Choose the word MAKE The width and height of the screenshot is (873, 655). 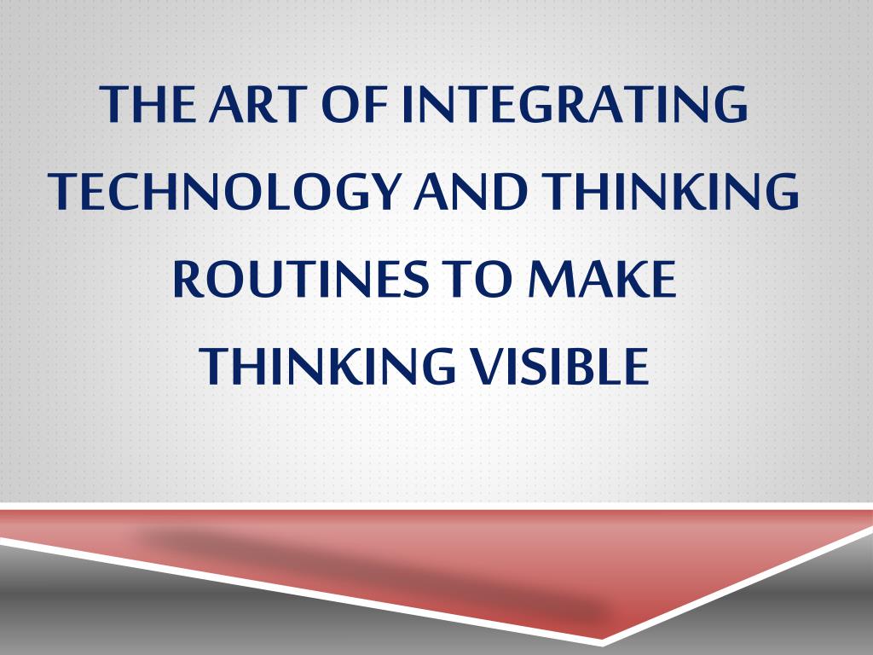click(602, 278)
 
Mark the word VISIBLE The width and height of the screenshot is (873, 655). click(560, 365)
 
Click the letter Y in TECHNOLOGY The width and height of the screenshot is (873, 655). click(384, 191)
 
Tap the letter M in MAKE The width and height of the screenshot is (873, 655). click(552, 279)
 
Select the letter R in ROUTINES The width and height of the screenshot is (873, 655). click(187, 279)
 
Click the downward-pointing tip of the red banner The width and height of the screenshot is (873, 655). click(602, 638)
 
